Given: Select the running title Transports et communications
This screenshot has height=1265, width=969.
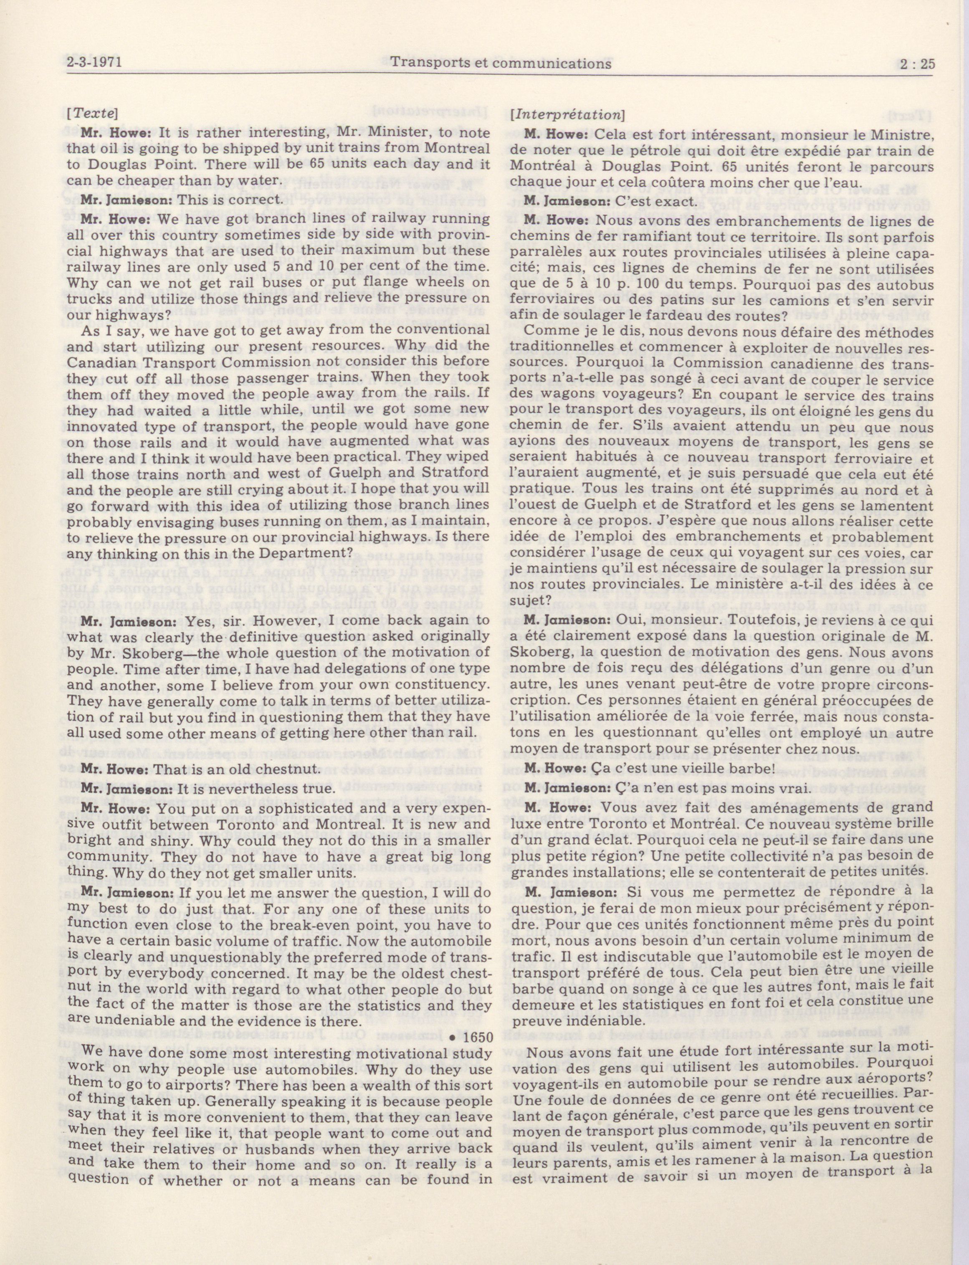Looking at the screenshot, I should (501, 63).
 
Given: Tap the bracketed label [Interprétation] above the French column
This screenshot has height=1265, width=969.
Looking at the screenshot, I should (567, 114).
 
